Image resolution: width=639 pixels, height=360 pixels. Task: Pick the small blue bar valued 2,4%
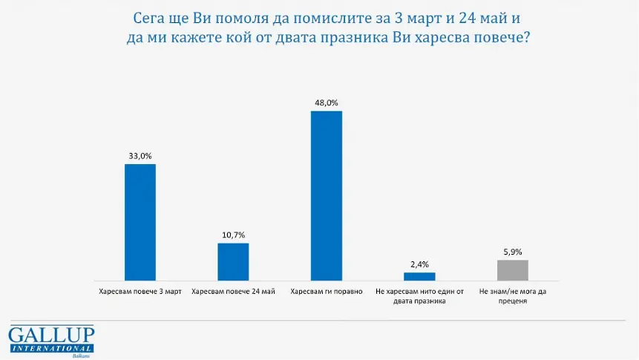419,275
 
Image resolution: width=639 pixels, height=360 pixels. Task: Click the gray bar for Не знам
512,269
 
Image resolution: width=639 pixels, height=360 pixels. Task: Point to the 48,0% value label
326,103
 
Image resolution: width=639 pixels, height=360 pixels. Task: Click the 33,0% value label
140,156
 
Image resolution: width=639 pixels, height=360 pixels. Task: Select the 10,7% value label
233,235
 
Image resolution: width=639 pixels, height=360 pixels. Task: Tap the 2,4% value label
419,264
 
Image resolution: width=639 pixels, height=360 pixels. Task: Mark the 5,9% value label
512,252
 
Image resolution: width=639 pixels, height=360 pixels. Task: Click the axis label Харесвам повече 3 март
140,291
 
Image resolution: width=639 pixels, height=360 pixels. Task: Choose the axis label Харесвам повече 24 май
233,291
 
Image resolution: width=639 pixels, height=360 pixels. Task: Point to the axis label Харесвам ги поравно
326,291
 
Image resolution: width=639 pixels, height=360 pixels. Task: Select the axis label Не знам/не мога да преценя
512,295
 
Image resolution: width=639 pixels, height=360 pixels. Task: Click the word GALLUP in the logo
51,335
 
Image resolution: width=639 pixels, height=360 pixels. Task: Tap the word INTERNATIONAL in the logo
51,348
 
